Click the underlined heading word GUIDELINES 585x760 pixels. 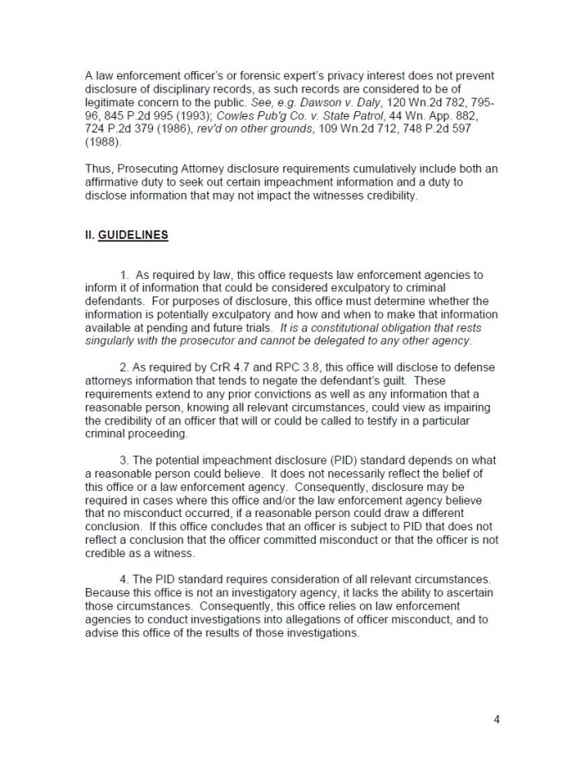pyautogui.click(x=134, y=235)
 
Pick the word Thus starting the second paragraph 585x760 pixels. pyautogui.click(x=99, y=168)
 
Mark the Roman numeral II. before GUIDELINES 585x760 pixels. pyautogui.click(x=90, y=235)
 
